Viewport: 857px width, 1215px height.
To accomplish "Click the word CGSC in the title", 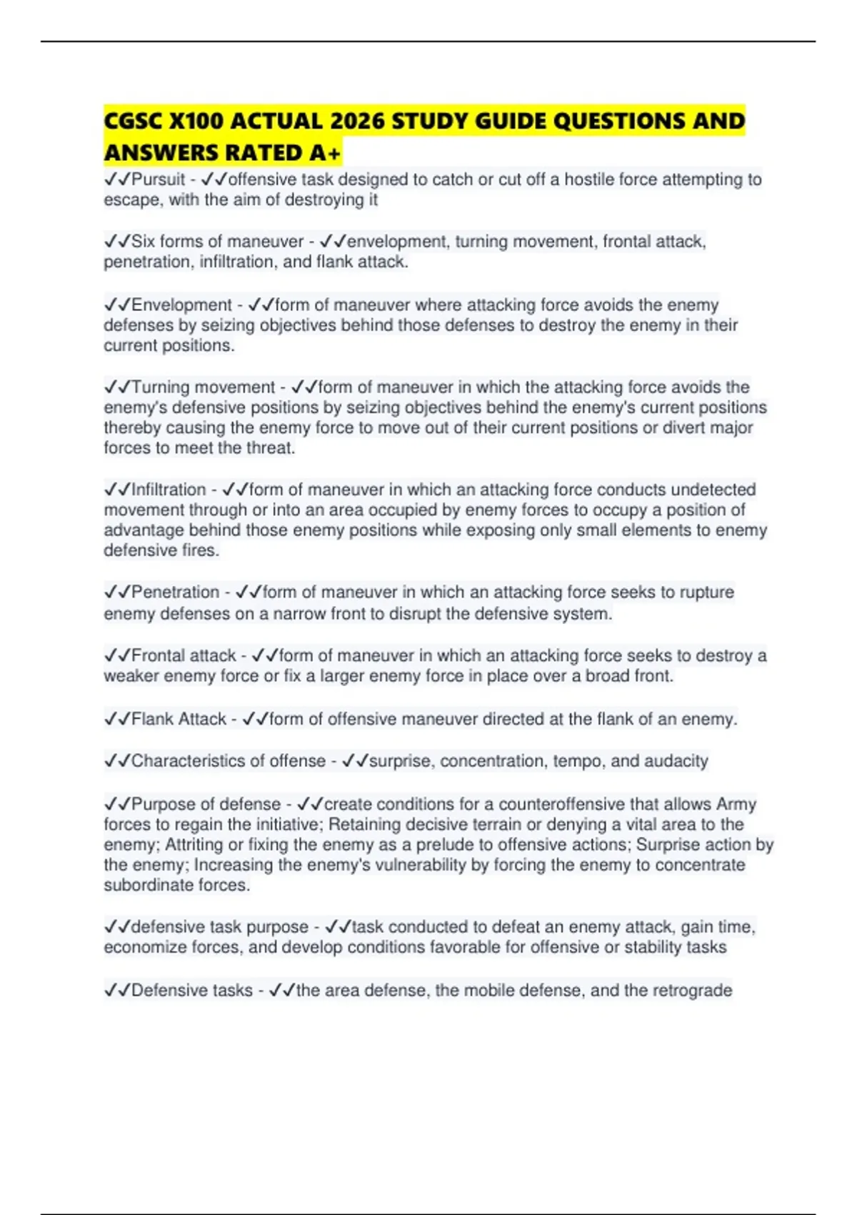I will [133, 121].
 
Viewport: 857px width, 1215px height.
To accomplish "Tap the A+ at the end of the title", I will [326, 153].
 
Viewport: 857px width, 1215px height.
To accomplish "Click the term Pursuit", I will [159, 179].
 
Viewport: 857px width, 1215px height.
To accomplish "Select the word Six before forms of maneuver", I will [143, 242].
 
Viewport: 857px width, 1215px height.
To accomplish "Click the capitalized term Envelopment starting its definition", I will [182, 305].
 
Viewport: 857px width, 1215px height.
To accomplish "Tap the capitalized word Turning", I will [161, 387].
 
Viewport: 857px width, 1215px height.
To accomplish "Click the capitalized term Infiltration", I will [169, 490].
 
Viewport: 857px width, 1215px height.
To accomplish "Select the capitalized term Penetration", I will [176, 592].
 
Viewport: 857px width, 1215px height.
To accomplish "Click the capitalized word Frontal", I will [161, 655].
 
